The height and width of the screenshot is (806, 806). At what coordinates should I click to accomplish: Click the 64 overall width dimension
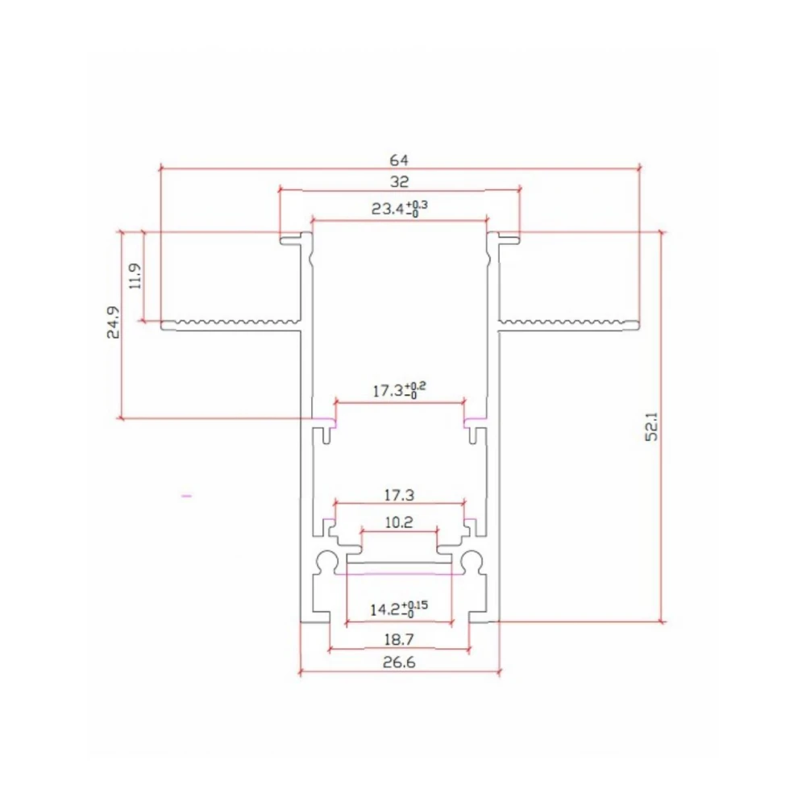(400, 158)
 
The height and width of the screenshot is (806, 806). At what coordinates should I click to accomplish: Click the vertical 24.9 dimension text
(114, 322)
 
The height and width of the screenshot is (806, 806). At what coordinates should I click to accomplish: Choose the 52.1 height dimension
(653, 426)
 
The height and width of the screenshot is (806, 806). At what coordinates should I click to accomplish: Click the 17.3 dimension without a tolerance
(399, 494)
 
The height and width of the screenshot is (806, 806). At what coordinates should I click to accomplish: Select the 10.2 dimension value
(399, 522)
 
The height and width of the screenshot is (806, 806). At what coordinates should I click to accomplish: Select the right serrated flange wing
(568, 325)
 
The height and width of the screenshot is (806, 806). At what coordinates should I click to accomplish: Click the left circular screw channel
(326, 561)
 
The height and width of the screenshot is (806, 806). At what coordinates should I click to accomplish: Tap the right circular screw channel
(472, 561)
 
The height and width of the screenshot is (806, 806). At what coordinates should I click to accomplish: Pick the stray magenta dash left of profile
(187, 497)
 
